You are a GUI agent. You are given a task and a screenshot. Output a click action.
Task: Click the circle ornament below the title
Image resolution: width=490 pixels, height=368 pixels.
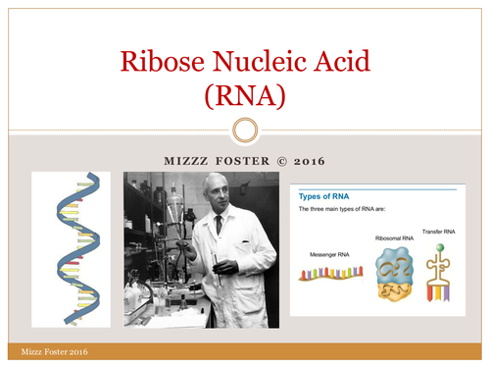pos(246,130)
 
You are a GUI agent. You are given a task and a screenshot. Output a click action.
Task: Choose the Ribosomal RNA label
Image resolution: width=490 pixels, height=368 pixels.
pos(393,237)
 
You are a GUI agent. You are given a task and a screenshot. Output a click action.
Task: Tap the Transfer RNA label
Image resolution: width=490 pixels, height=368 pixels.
pos(440,231)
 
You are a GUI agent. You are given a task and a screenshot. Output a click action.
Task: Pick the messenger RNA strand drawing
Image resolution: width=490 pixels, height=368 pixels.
pos(331,275)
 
